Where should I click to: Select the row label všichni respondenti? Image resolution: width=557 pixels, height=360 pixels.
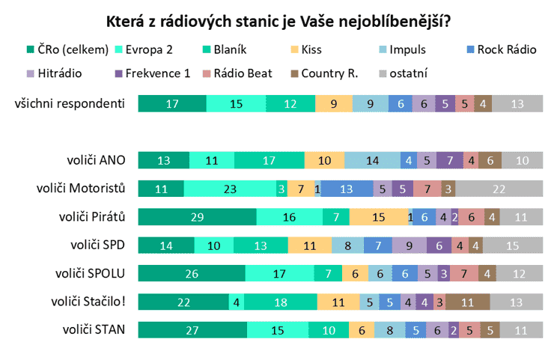(70, 104)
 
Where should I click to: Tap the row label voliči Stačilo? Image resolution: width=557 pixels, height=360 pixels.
(88, 301)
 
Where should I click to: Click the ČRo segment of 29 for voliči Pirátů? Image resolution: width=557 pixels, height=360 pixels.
(197, 217)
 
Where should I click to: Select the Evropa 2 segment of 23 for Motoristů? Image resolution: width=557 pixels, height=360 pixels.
(229, 189)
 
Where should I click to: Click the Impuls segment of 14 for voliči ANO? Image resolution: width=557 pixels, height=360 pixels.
(372, 160)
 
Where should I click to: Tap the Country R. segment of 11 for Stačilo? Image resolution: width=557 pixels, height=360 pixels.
(468, 302)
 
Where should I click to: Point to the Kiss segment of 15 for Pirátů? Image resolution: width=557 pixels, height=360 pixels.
(379, 217)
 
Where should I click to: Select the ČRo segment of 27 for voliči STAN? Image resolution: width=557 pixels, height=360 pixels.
(193, 329)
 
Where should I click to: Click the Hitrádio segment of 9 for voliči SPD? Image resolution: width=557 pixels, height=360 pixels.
(409, 245)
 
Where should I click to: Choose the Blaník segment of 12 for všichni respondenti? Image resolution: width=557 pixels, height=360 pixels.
(290, 104)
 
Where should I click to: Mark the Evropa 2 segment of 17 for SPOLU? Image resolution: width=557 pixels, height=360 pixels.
(279, 273)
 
